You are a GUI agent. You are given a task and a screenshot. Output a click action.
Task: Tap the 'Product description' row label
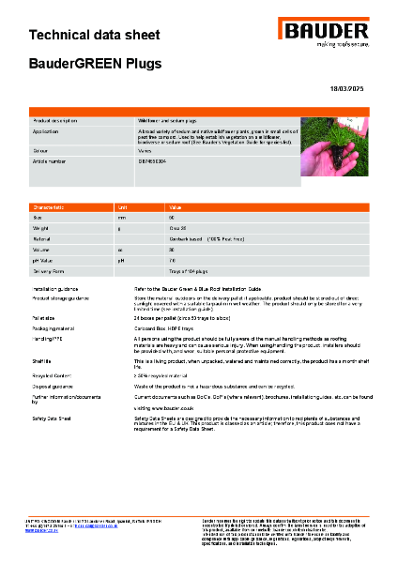(x=56, y=121)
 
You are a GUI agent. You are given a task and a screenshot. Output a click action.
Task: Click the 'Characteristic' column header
(x=49, y=205)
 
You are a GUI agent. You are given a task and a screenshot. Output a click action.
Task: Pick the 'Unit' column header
(x=121, y=205)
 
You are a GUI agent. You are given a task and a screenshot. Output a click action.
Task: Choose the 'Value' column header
(x=175, y=205)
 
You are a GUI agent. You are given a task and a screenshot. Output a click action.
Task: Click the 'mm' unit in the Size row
(x=120, y=217)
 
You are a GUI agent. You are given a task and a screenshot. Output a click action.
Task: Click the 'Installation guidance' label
(x=61, y=288)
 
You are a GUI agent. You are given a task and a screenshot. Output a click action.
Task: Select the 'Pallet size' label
(x=46, y=317)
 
